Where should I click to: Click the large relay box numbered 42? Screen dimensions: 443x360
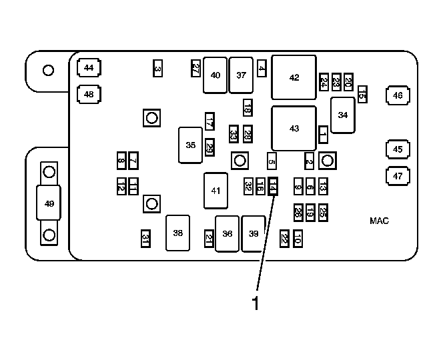coord(294,77)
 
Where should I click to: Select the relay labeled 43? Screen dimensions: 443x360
coord(294,129)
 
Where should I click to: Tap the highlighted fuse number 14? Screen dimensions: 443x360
coord(273,187)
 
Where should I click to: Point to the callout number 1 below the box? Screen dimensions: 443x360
coord(256,303)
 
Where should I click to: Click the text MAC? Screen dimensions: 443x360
coord(379,221)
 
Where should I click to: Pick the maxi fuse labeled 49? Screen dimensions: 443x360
coord(49,203)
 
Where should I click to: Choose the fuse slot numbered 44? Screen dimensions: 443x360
coord(89,68)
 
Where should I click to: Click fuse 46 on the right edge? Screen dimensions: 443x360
coord(398,95)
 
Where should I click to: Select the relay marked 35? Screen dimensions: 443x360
coord(190,145)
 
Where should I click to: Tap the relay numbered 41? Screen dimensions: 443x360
coord(216,191)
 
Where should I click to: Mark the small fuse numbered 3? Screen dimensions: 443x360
coord(157,68)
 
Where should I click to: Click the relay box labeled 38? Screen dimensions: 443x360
coord(177,233)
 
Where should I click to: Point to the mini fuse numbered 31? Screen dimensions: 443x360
coord(145,239)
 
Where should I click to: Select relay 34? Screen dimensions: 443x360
coord(343,115)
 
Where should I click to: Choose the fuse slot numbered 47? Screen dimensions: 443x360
coord(398,176)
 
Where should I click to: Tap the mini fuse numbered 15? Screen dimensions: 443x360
coord(362,94)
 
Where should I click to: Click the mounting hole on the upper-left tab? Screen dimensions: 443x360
coord(48,70)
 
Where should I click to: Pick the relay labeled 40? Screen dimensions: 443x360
coord(215,75)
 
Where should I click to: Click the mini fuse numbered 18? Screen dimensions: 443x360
coord(248,107)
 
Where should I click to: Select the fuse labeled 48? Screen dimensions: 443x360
coord(89,94)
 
